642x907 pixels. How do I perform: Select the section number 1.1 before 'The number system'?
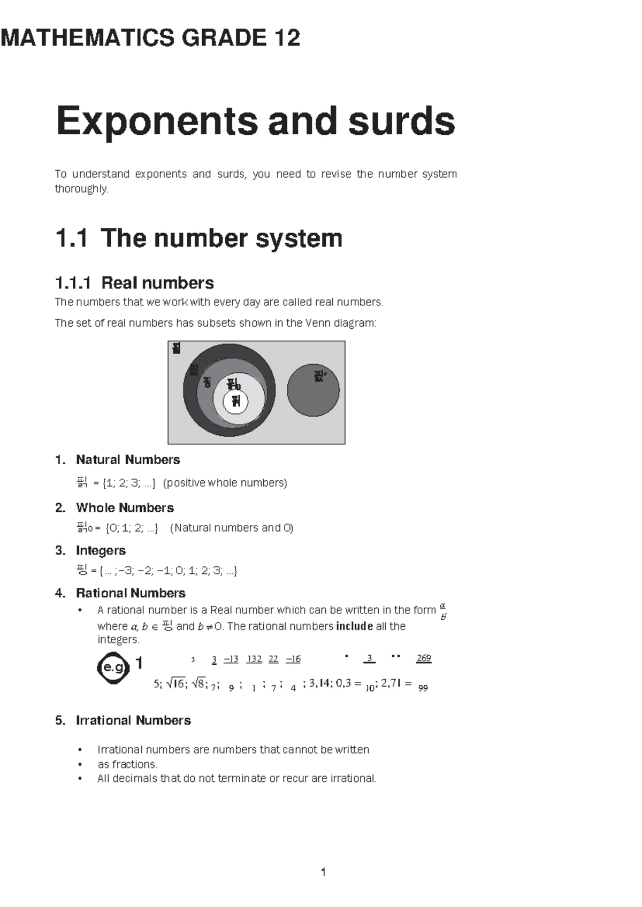[x=71, y=239]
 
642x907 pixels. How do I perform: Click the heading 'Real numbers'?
[x=157, y=283]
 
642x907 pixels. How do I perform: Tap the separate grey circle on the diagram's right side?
[x=313, y=390]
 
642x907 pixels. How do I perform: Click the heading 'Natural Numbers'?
[x=128, y=460]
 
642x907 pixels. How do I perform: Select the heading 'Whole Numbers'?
[x=125, y=508]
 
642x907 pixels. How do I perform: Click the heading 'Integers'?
[x=101, y=550]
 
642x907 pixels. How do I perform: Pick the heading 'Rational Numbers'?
[x=131, y=593]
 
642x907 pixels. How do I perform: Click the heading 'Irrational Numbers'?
[x=133, y=720]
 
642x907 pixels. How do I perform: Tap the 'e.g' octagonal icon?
[x=113, y=667]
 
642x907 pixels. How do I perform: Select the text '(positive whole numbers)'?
[x=225, y=483]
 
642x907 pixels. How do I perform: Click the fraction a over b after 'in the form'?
[x=443, y=611]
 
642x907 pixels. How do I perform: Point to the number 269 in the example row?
[x=424, y=658]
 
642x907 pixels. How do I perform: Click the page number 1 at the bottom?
[x=323, y=872]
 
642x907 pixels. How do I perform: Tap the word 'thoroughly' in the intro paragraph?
[x=81, y=189]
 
